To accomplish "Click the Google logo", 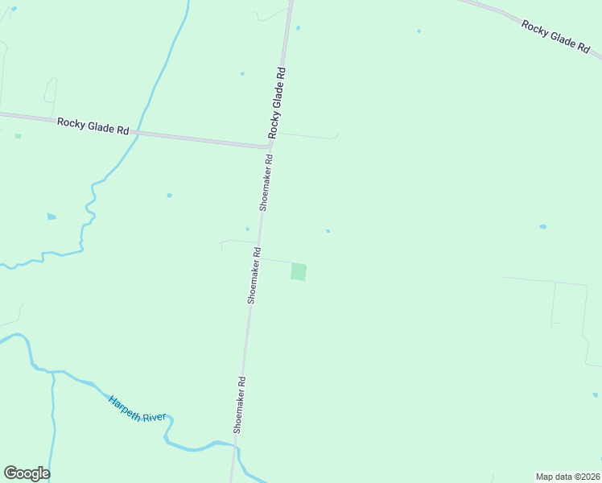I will coord(27,473).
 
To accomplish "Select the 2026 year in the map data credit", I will coord(588,477).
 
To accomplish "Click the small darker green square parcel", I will coord(299,271).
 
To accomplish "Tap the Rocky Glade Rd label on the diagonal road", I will coord(556,36).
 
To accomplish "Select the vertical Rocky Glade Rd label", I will coord(277,101).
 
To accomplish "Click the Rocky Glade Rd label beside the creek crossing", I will coord(93,126).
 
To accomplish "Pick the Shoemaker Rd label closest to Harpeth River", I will coord(238,405).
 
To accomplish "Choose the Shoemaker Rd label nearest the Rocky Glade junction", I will coord(266,182).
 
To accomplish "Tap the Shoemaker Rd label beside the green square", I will coord(254,275).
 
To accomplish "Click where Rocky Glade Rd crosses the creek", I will coord(138,134).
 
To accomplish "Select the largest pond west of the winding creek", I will coord(52,217).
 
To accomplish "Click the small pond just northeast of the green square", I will coord(328,231).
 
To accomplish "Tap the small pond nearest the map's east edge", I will coord(542,227).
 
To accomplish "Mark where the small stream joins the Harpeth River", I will coord(53,373).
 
